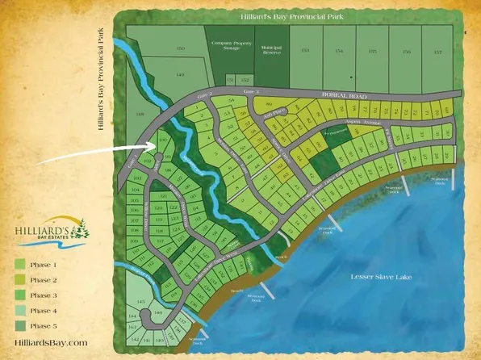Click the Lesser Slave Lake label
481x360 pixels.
coord(392,277)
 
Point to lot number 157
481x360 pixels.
coord(439,51)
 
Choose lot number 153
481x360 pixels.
coord(304,51)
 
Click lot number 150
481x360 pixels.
coord(181,49)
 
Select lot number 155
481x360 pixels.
coord(372,51)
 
